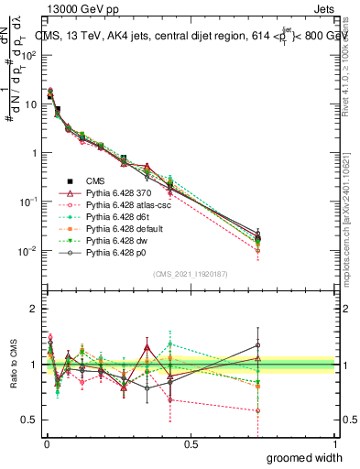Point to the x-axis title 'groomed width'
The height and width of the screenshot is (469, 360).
click(x=304, y=457)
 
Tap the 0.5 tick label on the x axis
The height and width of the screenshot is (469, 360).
click(x=191, y=444)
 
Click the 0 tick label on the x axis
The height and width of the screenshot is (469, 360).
click(x=45, y=444)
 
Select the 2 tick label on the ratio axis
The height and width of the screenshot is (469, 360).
click(x=34, y=309)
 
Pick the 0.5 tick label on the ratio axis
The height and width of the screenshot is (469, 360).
click(x=30, y=421)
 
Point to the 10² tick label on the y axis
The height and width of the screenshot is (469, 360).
click(x=30, y=55)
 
